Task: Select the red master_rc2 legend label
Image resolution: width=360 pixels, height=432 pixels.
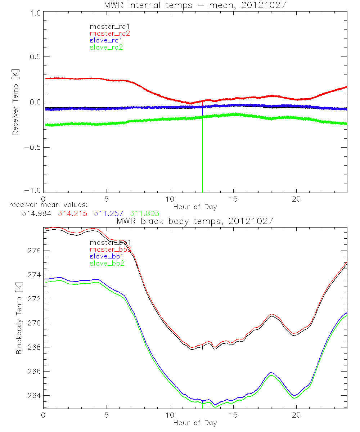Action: point(110,33)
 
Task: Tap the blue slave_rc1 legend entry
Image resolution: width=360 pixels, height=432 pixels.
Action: point(106,40)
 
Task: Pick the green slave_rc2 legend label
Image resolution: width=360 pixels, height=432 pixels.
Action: point(106,47)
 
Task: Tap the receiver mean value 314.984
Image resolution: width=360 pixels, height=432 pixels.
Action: point(36,213)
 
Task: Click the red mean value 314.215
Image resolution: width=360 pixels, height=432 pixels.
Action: point(72,213)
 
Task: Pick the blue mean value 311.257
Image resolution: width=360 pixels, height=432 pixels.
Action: point(109,213)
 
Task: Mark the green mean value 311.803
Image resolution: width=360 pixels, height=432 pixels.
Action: point(145,213)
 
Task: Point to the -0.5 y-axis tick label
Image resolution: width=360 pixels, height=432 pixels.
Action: point(33,148)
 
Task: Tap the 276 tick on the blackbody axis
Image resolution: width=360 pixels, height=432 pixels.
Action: point(34,251)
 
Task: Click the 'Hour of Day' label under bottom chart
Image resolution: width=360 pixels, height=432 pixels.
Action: point(195,423)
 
